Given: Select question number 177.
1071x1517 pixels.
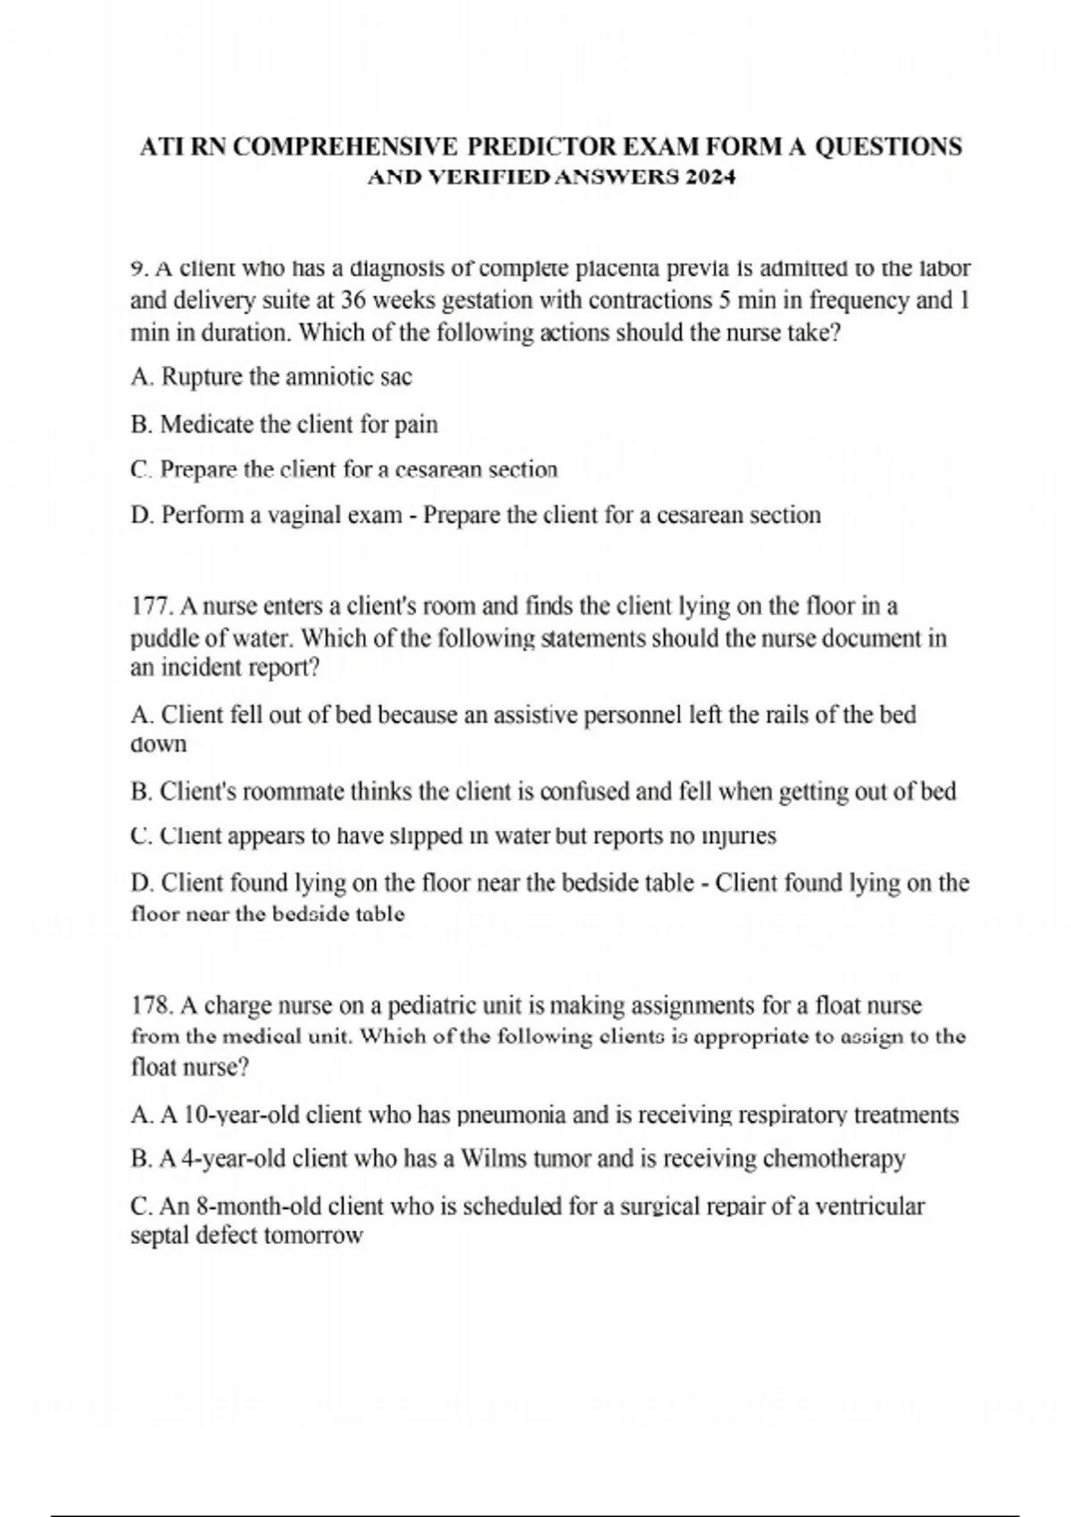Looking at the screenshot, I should point(153,607).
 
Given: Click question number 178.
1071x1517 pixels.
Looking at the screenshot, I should point(153,1006).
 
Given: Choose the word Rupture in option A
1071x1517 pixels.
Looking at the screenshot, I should point(202,377).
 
